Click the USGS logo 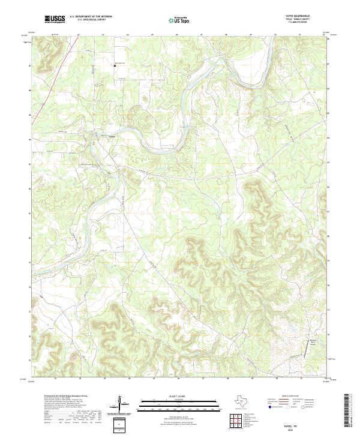55,19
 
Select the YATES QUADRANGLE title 303,16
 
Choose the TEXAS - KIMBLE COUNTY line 304,20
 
